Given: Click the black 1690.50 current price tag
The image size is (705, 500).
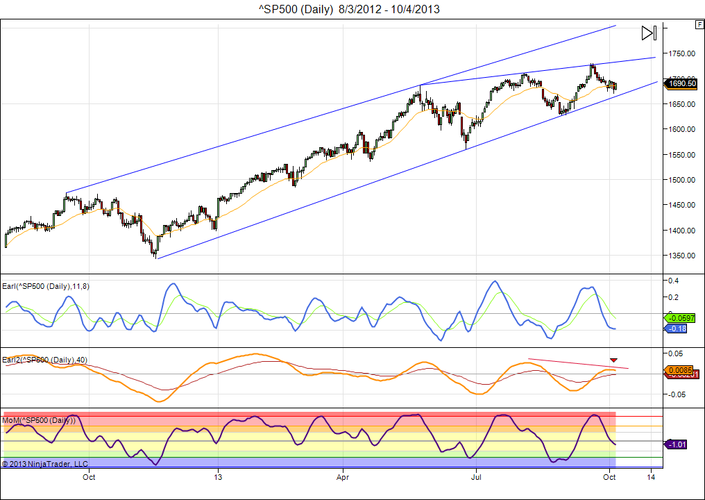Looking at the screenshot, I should [681, 83].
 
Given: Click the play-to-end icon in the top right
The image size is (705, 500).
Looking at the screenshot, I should [648, 33].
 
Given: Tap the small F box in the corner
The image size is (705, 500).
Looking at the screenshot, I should [699, 24].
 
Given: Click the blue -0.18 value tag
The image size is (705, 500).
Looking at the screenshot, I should [677, 328].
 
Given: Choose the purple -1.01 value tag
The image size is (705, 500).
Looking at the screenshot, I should [677, 444].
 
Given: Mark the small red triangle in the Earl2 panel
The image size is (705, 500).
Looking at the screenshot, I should [613, 360].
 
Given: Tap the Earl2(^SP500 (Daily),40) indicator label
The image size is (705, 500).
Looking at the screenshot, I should [45, 359].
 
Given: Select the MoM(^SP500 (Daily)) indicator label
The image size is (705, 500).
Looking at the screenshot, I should [39, 420].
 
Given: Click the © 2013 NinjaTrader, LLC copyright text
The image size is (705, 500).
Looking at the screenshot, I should [45, 463].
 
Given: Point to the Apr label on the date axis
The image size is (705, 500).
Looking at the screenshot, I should [341, 477].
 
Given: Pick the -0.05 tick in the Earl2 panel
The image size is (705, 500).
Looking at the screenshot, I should [674, 394].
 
